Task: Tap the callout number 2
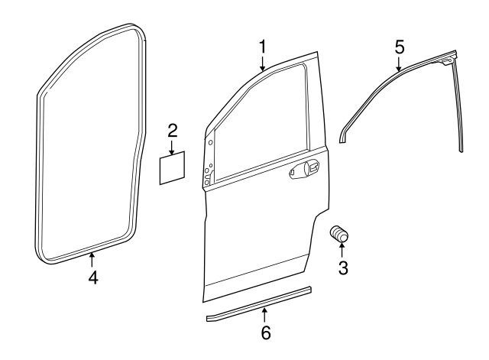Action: (173, 128)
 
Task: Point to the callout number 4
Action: (92, 277)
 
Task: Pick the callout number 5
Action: (399, 46)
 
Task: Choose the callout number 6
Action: (265, 332)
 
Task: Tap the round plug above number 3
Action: (338, 235)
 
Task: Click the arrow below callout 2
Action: (173, 145)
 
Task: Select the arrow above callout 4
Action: (92, 260)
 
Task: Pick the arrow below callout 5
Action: (399, 63)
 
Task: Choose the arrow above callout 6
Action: (265, 315)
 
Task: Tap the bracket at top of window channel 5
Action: (447, 56)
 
